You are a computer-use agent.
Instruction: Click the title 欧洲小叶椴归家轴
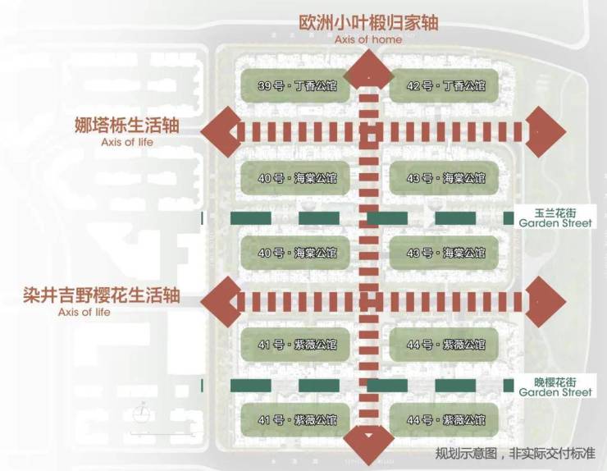[368, 22]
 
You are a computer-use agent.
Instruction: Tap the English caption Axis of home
[368, 39]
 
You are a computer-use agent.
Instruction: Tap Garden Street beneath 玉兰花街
[555, 222]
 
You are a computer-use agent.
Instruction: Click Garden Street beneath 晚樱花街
[555, 392]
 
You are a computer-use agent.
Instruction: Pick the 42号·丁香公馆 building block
[442, 86]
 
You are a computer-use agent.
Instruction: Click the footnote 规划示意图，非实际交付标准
[515, 454]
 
